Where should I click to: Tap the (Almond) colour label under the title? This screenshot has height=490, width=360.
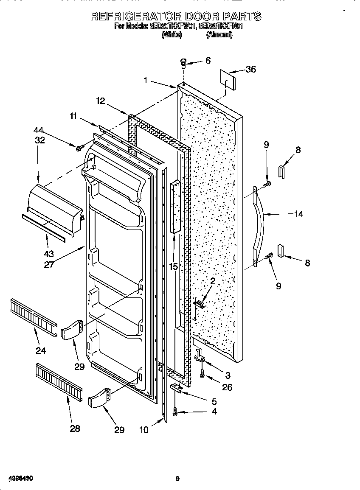(x=219, y=36)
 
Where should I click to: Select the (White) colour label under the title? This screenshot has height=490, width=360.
(x=172, y=36)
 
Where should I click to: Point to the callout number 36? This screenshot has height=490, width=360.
(x=251, y=69)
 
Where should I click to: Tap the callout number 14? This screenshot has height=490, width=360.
(x=298, y=214)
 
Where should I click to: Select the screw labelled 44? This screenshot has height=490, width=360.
(x=79, y=148)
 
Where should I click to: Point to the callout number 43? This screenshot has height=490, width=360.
(x=49, y=254)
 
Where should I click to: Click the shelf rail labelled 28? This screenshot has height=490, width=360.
(x=59, y=381)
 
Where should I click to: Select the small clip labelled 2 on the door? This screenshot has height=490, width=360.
(x=199, y=303)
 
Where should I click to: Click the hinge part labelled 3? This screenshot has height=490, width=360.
(x=199, y=356)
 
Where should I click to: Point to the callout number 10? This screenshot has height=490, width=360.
(x=144, y=430)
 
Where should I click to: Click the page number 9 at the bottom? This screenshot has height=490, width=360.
(x=178, y=479)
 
